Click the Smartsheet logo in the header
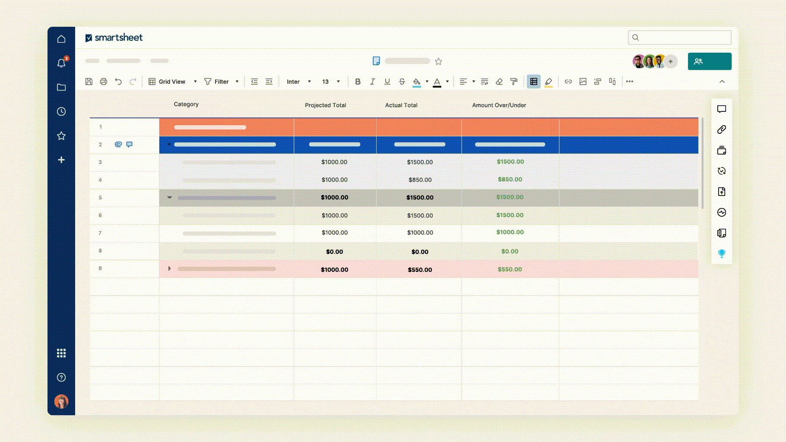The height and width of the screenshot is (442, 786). coord(114,38)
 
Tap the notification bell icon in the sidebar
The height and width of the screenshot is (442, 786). coord(61,63)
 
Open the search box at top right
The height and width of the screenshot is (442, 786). coord(679,38)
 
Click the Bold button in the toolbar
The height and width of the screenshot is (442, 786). coord(358,82)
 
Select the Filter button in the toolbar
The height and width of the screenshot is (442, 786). coord(217,82)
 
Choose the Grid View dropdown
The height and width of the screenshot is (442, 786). coord(172,82)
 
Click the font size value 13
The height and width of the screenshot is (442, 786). coord(325,82)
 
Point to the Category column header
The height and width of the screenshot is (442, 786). coord(186,104)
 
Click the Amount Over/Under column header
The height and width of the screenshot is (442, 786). coord(499,105)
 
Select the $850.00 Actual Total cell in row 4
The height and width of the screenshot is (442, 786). coord(420,180)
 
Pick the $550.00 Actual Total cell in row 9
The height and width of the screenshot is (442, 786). coord(420,270)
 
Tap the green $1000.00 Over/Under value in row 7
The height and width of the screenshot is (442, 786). coord(510,232)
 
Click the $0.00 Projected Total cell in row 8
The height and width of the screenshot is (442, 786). coord(334,252)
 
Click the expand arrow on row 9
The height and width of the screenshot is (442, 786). coord(169,268)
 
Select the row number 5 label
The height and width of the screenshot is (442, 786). coord(100,198)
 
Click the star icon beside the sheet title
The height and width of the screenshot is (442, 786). coord(438,61)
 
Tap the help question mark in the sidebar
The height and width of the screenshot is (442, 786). coord(61,377)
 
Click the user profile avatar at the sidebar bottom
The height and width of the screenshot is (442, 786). coord(61,401)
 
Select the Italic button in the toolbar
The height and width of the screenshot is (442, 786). coord(372,82)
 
